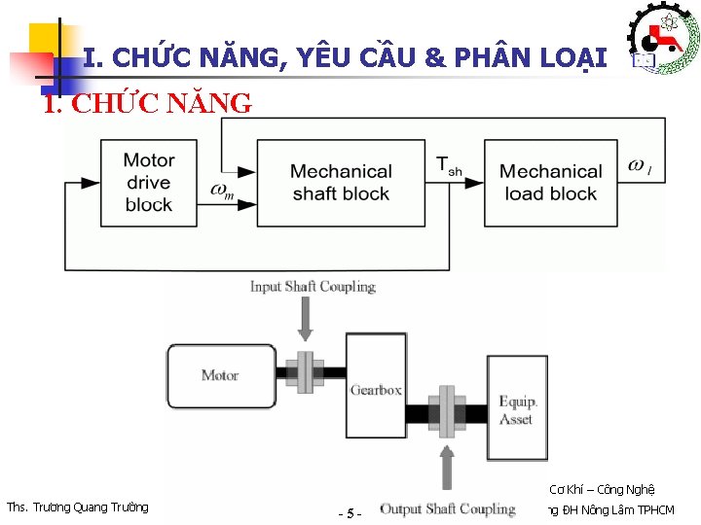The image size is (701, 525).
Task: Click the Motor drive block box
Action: click(149, 182)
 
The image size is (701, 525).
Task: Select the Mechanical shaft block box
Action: click(341, 182)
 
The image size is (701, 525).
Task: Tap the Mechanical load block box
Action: click(550, 182)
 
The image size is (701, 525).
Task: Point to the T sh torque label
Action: click(448, 165)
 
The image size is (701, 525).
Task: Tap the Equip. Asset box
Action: click(517, 408)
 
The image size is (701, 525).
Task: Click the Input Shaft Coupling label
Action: click(313, 286)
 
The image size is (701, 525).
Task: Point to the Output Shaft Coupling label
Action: click(447, 508)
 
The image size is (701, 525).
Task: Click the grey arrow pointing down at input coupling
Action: click(307, 318)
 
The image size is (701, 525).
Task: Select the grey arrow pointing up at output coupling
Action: click(447, 470)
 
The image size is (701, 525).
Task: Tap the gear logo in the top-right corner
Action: click(663, 37)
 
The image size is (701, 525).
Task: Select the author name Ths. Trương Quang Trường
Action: click(78, 507)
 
